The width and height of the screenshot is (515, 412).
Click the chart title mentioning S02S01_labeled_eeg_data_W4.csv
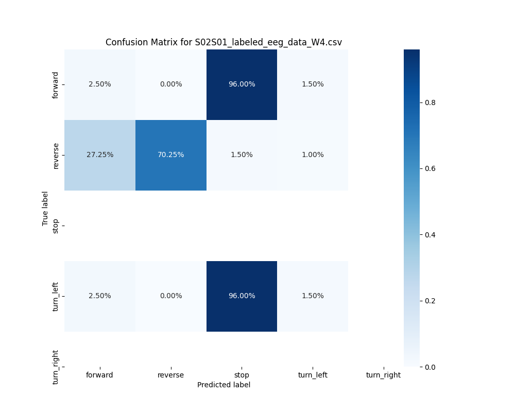tap(224, 42)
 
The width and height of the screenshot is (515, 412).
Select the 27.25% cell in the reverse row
tap(99, 155)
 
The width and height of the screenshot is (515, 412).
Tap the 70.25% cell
tap(170, 155)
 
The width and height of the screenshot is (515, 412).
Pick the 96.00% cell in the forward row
tap(242, 84)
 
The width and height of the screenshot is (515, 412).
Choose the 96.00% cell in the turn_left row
tap(242, 296)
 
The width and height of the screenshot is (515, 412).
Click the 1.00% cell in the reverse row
tap(313, 155)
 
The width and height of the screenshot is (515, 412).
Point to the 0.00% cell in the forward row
tap(170, 84)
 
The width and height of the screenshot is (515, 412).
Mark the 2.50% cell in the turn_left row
tap(99, 296)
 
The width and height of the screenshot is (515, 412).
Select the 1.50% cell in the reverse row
tap(242, 155)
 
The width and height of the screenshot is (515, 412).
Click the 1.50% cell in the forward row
tap(313, 84)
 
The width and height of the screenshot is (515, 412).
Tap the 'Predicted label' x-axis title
tap(224, 385)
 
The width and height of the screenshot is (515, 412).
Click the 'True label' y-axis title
tap(45, 208)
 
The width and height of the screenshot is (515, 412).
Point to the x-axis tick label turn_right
tap(383, 375)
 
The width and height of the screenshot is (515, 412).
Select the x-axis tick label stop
tap(242, 375)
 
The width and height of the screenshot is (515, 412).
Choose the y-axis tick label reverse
tap(56, 155)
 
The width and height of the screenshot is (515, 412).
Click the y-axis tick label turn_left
tap(56, 296)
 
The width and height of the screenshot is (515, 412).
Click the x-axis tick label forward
tap(99, 375)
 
